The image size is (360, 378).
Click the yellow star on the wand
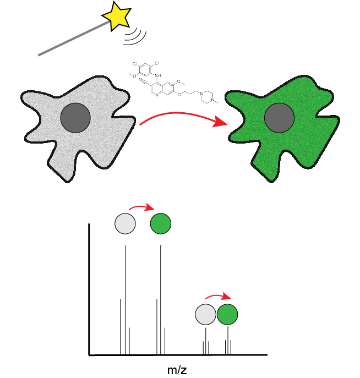click(117, 16)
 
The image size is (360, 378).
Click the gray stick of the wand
click(72, 39)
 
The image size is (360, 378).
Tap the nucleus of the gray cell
click(75, 118)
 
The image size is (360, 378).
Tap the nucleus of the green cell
click(279, 118)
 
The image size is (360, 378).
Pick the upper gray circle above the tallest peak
click(125, 224)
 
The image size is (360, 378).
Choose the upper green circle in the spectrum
click(161, 224)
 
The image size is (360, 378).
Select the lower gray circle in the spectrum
click(205, 315)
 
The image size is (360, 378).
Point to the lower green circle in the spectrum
click(227, 315)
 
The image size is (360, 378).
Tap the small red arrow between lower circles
click(218, 297)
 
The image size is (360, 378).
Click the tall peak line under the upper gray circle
click(125, 297)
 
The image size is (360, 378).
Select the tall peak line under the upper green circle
click(161, 297)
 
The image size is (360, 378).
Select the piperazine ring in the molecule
click(207, 98)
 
